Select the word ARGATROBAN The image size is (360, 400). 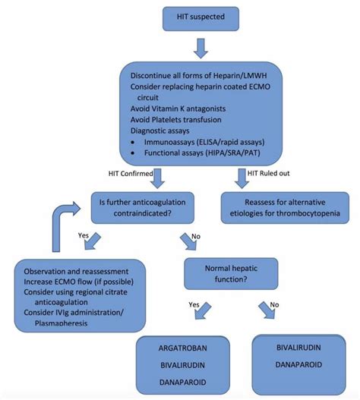click(183, 352)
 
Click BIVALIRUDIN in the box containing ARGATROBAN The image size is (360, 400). click(183, 369)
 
